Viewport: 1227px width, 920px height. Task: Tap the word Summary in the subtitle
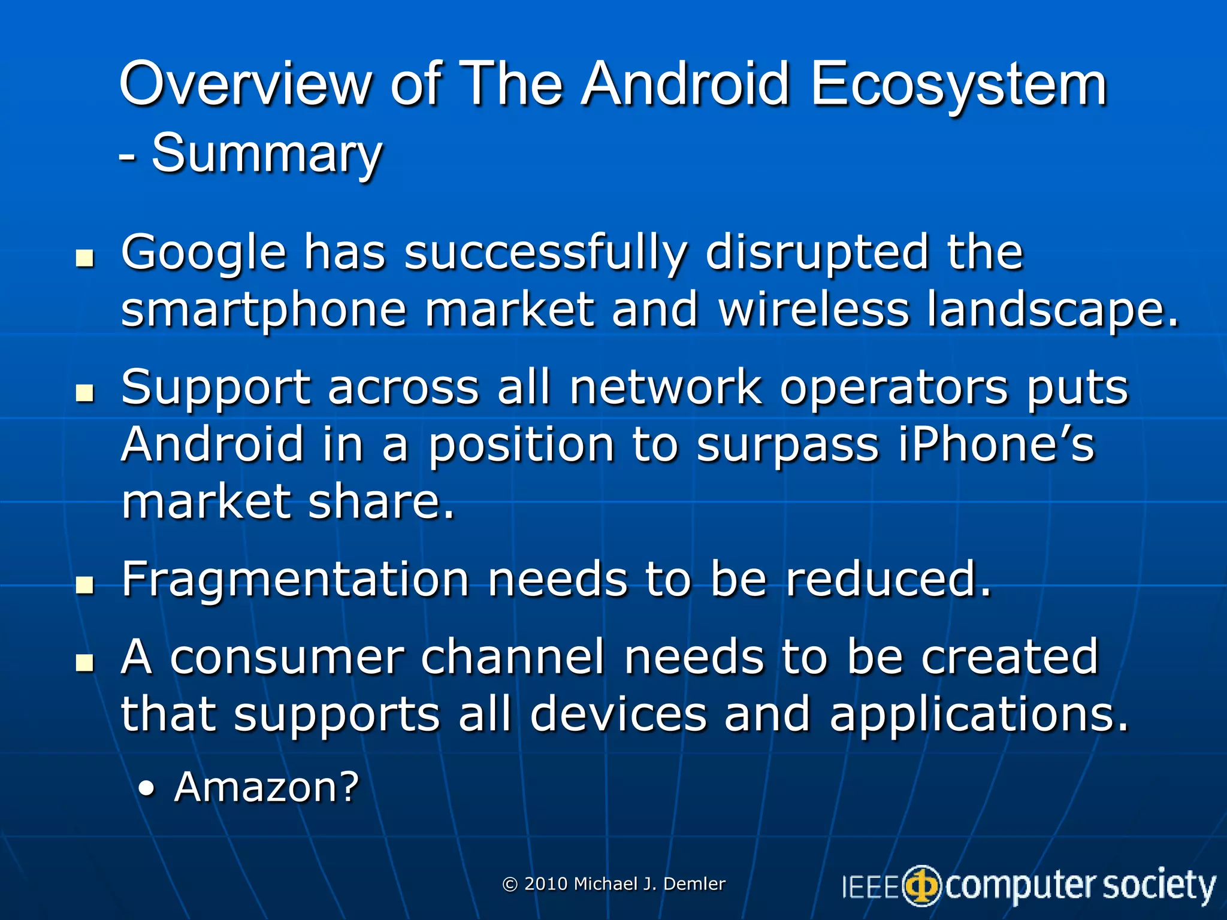267,154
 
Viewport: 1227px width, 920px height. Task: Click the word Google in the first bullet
204,253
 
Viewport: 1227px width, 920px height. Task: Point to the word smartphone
264,310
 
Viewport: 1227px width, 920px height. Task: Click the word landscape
1052,310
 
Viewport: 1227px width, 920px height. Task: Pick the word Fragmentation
295,580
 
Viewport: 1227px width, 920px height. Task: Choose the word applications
978,715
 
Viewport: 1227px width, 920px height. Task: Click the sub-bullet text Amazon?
266,786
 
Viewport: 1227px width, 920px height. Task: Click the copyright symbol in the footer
510,884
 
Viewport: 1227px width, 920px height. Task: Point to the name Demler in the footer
695,883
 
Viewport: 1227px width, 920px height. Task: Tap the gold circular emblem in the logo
922,886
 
